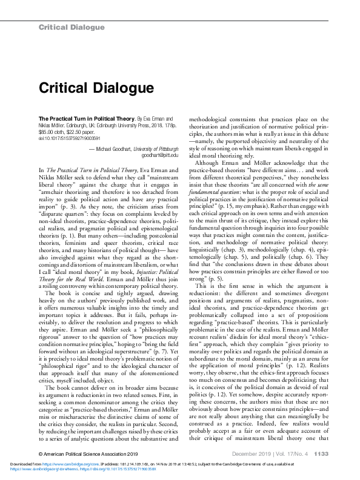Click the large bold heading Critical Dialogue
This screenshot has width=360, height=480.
click(96, 88)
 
